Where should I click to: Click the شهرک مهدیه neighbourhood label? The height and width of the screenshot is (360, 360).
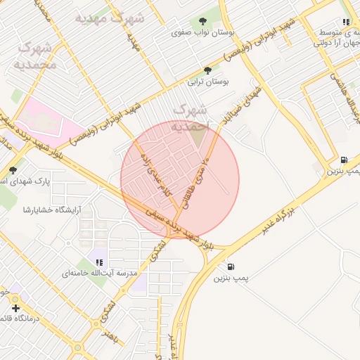pyautogui.click(x=109, y=17)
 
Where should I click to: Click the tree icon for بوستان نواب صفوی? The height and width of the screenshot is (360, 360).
pyautogui.click(x=204, y=21)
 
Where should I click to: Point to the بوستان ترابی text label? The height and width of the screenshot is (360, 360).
pyautogui.click(x=209, y=82)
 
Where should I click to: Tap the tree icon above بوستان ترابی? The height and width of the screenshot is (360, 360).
pyautogui.click(x=207, y=70)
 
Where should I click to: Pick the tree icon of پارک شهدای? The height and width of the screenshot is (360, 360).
pyautogui.click(x=13, y=169)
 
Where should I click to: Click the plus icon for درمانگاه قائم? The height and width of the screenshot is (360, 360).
pyautogui.click(x=15, y=308)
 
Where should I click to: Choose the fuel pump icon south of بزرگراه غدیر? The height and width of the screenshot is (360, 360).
pyautogui.click(x=231, y=267)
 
